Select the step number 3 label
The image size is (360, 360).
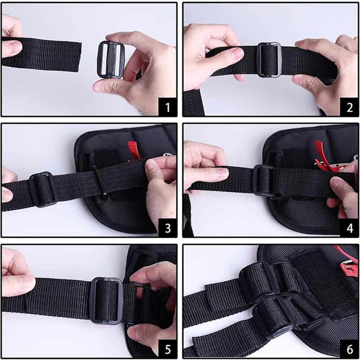pos(167,228)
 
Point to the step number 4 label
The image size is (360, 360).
pos(349,228)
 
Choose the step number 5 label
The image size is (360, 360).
pos(167,349)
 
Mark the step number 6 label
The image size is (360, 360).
pos(349,349)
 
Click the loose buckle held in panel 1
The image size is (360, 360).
pos(111,59)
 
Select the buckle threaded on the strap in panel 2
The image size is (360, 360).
pos(269,59)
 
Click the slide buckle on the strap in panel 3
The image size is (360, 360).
pos(43,189)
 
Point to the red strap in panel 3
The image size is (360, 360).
pos(134,149)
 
